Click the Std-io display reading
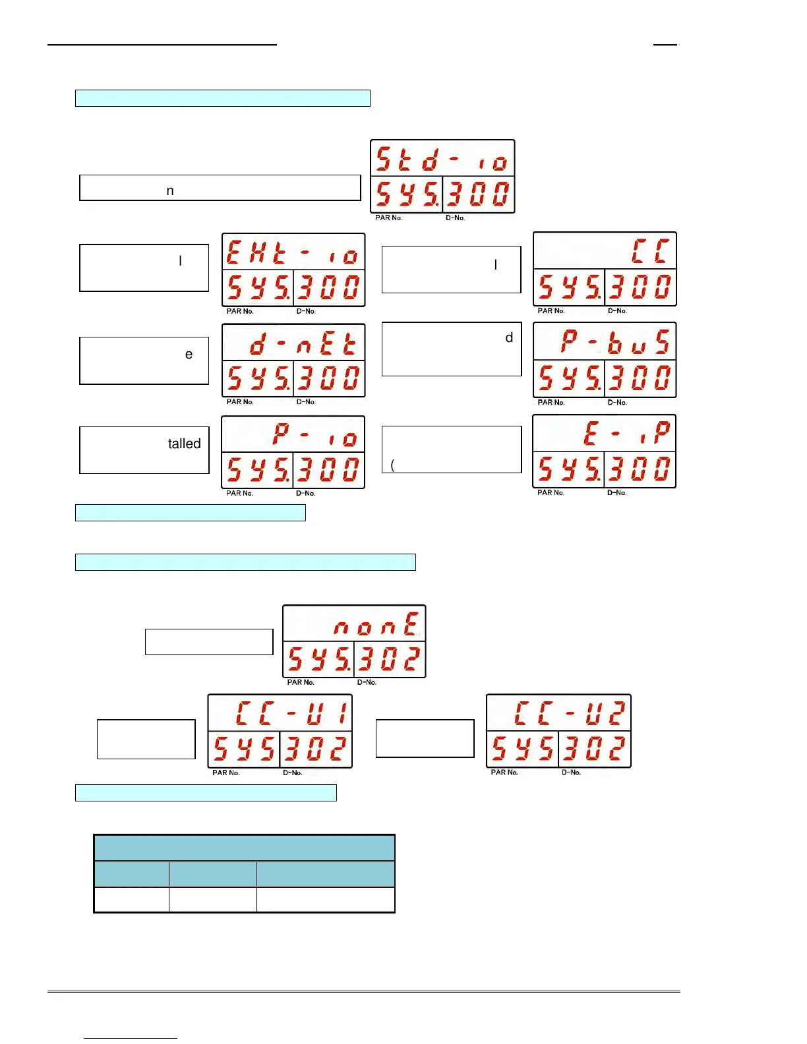click(x=442, y=159)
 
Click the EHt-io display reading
click(x=293, y=252)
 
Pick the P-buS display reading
click(x=614, y=342)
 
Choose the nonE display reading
click(x=376, y=623)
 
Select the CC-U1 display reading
click(x=290, y=713)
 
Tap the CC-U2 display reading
click(x=569, y=713)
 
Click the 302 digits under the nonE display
click(x=389, y=659)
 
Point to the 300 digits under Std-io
click(x=478, y=195)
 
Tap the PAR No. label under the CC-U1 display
click(x=225, y=772)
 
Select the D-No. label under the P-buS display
click(x=617, y=402)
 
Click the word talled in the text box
click(x=184, y=444)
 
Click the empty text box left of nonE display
click(x=209, y=641)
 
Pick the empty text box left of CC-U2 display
click(x=425, y=738)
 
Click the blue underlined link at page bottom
click(x=131, y=1038)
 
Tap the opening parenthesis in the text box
click(x=393, y=465)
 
